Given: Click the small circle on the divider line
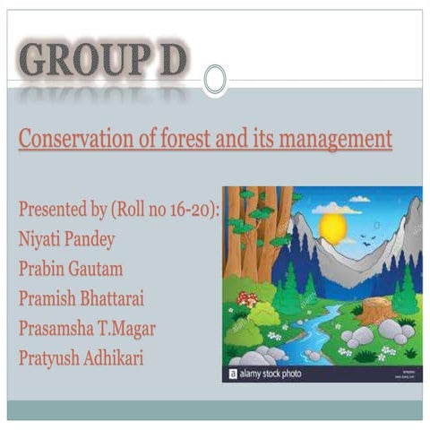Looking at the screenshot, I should coord(215,80).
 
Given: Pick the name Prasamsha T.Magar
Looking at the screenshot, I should coord(87,328).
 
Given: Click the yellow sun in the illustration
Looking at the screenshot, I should coord(332,227).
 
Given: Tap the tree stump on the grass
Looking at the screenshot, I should coord(374,311).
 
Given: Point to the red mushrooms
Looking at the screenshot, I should coord(247,299).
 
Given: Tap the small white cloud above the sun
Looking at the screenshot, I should coord(359,198).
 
